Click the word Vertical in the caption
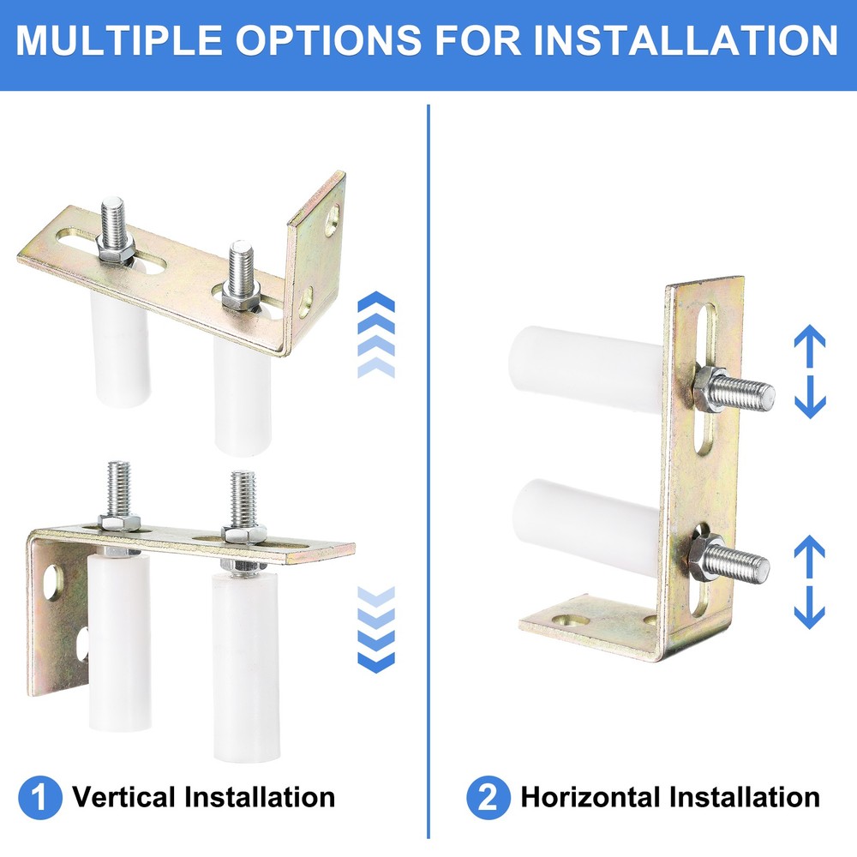pos(124,798)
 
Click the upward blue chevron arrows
pos(375,334)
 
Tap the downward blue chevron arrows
pos(375,630)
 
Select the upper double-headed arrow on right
pos(808,371)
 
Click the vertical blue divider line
pos(428,428)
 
